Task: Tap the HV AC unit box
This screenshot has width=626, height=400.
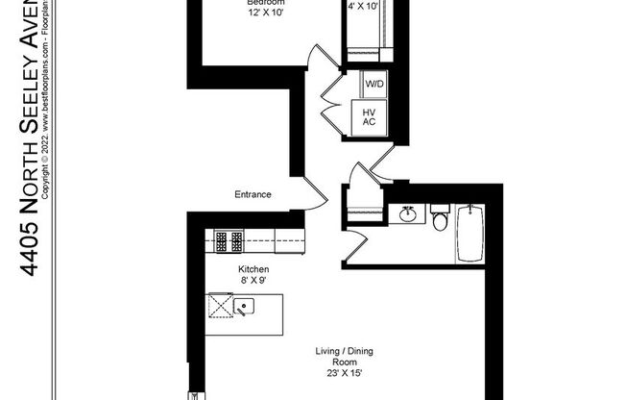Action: tap(369, 117)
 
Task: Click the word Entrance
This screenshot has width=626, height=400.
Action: tap(253, 194)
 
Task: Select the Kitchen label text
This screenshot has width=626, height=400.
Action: tap(253, 269)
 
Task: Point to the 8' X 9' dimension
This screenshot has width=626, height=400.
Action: tap(253, 282)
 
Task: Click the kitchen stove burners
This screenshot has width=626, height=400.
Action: tap(229, 237)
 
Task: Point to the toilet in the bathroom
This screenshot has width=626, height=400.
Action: tap(440, 220)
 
